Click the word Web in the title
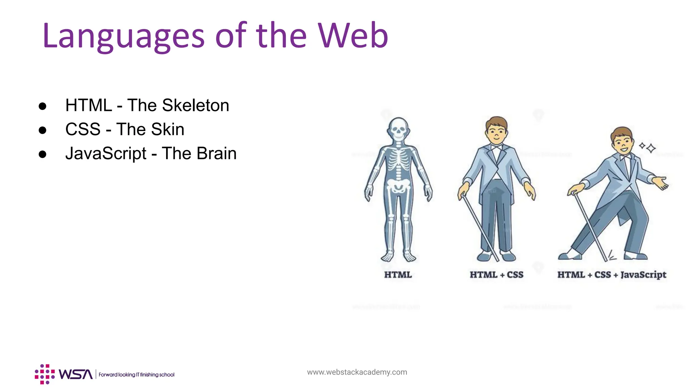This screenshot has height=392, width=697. pos(353,35)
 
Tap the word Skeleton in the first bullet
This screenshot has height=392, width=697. pos(195,105)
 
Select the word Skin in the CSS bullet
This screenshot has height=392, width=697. pos(167,129)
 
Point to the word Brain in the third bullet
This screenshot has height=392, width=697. pos(216,153)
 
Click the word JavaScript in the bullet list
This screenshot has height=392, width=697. pos(106,153)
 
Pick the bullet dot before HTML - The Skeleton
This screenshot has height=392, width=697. pos(43,106)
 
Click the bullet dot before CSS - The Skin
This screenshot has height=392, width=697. pos(43,130)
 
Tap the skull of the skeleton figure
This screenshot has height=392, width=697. pos(398,129)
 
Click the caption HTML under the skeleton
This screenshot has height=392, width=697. pos(398,275)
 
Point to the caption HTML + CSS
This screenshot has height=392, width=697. pos(497,275)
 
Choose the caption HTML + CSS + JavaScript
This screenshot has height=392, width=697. pos(612,275)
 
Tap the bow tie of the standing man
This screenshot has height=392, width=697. pos(497,148)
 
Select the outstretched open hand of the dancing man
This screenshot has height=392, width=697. pos(661,183)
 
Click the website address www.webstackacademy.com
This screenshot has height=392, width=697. pos(357,372)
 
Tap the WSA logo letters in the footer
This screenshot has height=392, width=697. pos(76,374)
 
